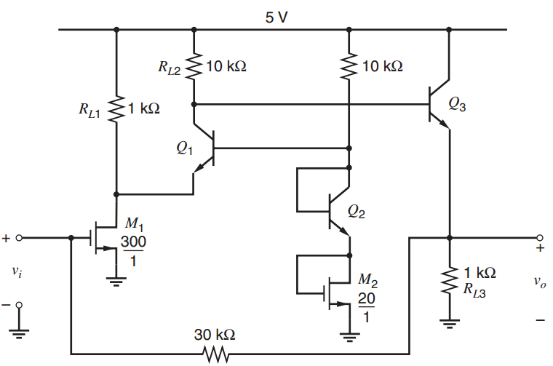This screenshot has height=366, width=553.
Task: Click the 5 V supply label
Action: coord(276,17)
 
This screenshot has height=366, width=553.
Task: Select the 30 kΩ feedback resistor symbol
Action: coord(215,354)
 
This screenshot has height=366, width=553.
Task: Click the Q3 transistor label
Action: coord(458,104)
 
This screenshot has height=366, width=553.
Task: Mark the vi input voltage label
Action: coord(17,272)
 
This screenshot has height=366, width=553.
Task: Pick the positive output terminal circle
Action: coord(539,238)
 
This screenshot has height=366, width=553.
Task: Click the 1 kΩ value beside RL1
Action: coord(144,110)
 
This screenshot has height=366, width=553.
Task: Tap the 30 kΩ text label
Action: coord(215,335)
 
